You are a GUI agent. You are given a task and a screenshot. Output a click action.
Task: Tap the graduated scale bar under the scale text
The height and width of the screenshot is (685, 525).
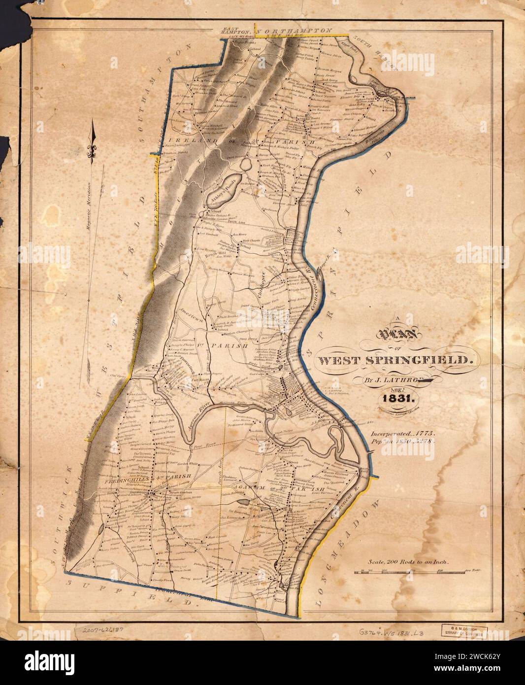click(x=417, y=571)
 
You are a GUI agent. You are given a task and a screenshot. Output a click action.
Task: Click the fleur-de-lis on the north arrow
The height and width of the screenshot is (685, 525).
click(x=91, y=151)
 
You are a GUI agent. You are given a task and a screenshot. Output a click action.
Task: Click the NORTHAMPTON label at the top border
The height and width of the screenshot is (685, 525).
click(x=295, y=30)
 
